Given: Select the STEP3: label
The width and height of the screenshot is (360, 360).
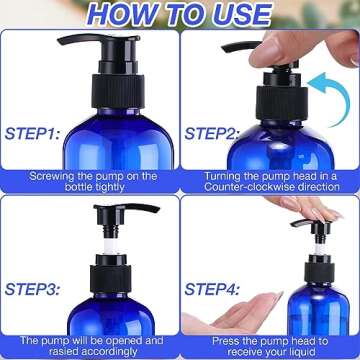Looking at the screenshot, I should tap(33, 288).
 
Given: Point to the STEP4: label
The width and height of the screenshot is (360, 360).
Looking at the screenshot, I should tap(216, 288).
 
